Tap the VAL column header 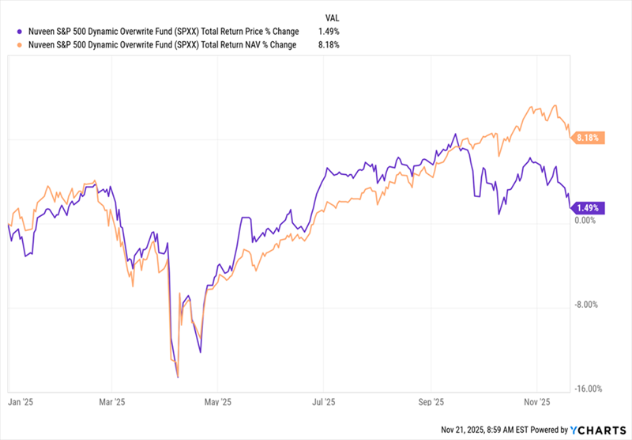335,16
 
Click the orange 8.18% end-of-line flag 589,138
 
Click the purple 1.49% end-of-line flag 589,208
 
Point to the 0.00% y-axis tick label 585,220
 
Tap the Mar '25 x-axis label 112,402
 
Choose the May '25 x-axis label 217,402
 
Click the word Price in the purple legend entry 231,31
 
